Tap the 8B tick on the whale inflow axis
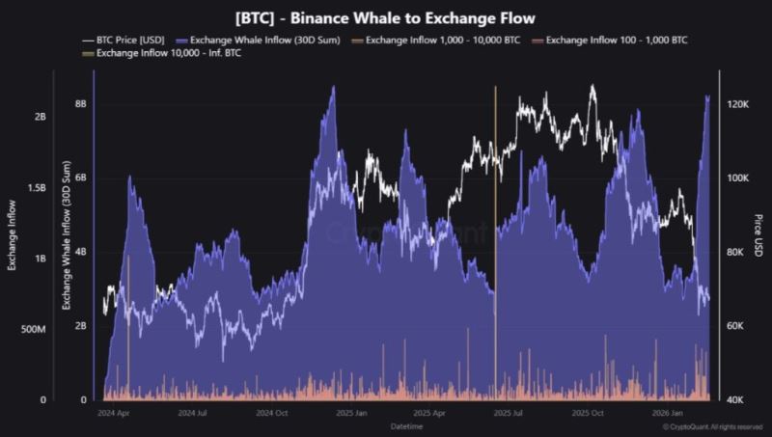pyautogui.click(x=81, y=103)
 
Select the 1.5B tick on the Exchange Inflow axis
pyautogui.click(x=36, y=187)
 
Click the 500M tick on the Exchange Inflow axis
pyautogui.click(x=33, y=329)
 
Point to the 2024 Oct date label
pyautogui.click(x=272, y=413)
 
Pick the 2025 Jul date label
pyautogui.click(x=508, y=413)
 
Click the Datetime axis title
pyautogui.click(x=404, y=425)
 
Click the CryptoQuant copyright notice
pyautogui.click(x=713, y=426)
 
